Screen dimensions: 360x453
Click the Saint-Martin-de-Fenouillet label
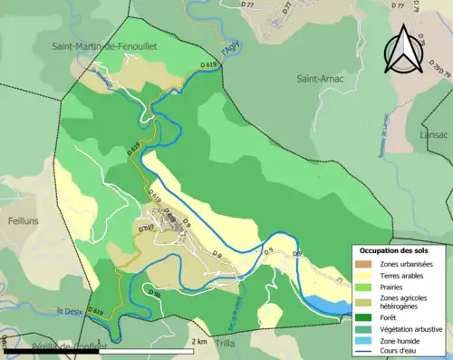click(109, 44)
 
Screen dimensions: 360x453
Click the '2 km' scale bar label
click(200, 343)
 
